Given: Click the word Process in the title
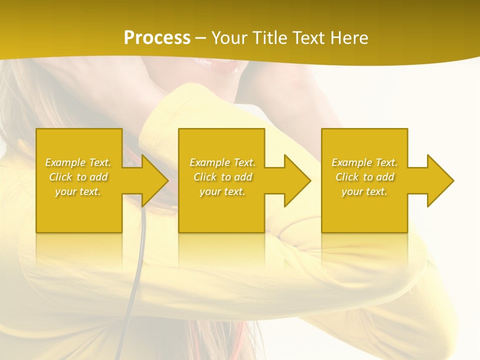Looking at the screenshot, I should [x=157, y=38].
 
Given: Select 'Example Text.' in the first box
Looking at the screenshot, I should [x=78, y=162].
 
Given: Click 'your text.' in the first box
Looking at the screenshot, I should [x=78, y=191].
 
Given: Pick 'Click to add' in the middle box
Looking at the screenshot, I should [x=223, y=177].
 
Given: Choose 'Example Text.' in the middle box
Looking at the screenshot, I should [x=223, y=162].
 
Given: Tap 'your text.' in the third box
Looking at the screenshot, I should [x=364, y=191].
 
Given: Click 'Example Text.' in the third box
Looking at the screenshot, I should [x=364, y=162].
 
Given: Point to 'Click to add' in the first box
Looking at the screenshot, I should [x=78, y=177].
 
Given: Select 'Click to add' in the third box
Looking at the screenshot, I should [x=364, y=177].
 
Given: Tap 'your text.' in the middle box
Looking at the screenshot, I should [x=223, y=191].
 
